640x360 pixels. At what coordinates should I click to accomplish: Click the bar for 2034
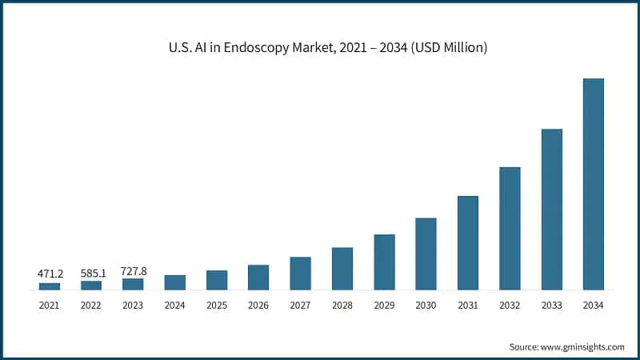tap(593, 184)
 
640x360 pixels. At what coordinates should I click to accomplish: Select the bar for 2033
tap(551, 209)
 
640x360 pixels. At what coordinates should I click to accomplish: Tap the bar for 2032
tap(510, 228)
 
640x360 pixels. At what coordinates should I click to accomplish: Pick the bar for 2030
tap(426, 253)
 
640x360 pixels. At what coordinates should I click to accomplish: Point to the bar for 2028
tap(342, 268)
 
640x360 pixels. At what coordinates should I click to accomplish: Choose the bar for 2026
tap(258, 277)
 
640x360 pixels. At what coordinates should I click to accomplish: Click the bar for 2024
tap(175, 282)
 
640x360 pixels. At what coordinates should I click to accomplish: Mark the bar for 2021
tap(50, 286)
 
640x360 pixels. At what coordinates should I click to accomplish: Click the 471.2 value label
tap(50, 274)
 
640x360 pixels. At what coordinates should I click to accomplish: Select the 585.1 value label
tap(91, 273)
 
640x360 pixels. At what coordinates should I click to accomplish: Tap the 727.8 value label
tap(134, 271)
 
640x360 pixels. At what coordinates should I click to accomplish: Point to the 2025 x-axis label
tap(217, 305)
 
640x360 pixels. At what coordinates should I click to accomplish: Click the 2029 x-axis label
tap(384, 305)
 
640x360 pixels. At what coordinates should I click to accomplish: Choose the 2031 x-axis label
tap(468, 305)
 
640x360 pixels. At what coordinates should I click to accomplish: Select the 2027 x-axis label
tap(300, 305)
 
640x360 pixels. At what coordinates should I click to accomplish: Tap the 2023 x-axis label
tap(134, 305)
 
